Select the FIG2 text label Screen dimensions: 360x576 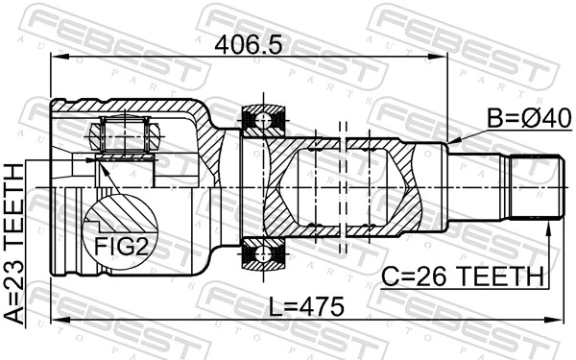[123, 246]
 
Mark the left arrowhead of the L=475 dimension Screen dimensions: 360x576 [54, 319]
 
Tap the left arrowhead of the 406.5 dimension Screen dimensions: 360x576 [54, 58]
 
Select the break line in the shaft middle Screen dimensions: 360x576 [342, 186]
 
